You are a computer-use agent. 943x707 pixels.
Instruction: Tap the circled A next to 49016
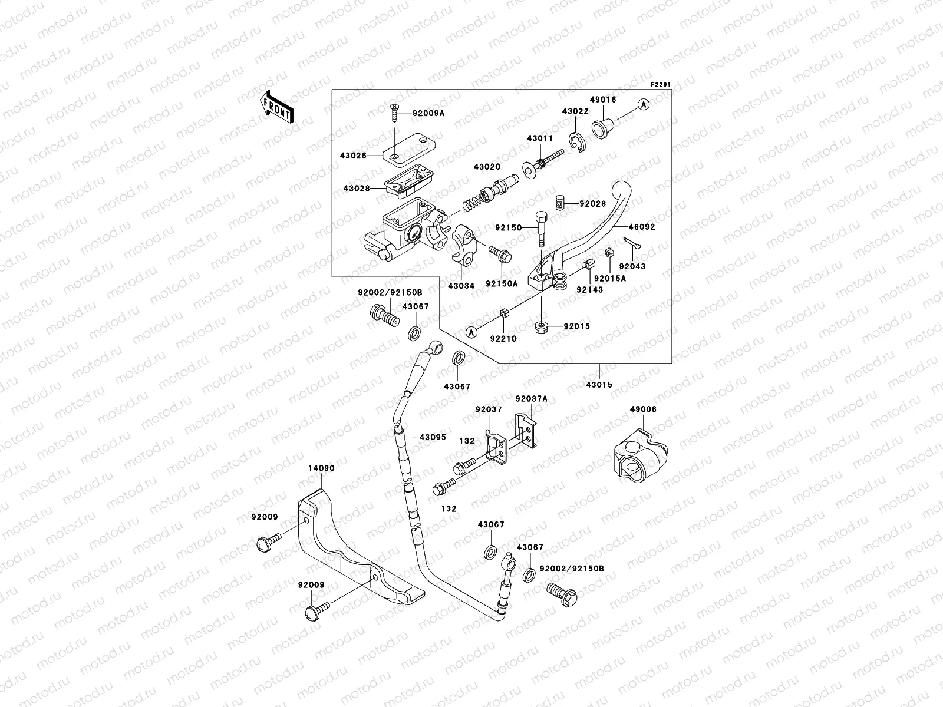[x=643, y=104]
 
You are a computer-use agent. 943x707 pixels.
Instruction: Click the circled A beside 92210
[x=471, y=333]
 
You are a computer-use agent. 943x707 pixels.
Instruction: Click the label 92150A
[x=502, y=283]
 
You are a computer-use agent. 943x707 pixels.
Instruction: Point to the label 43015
[x=599, y=385]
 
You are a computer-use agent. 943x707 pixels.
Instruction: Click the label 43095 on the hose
[x=433, y=438]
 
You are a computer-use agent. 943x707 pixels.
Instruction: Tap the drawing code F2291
[x=661, y=85]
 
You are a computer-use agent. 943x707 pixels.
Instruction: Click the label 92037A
[x=531, y=399]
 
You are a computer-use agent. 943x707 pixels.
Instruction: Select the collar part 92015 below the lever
[x=541, y=327]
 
